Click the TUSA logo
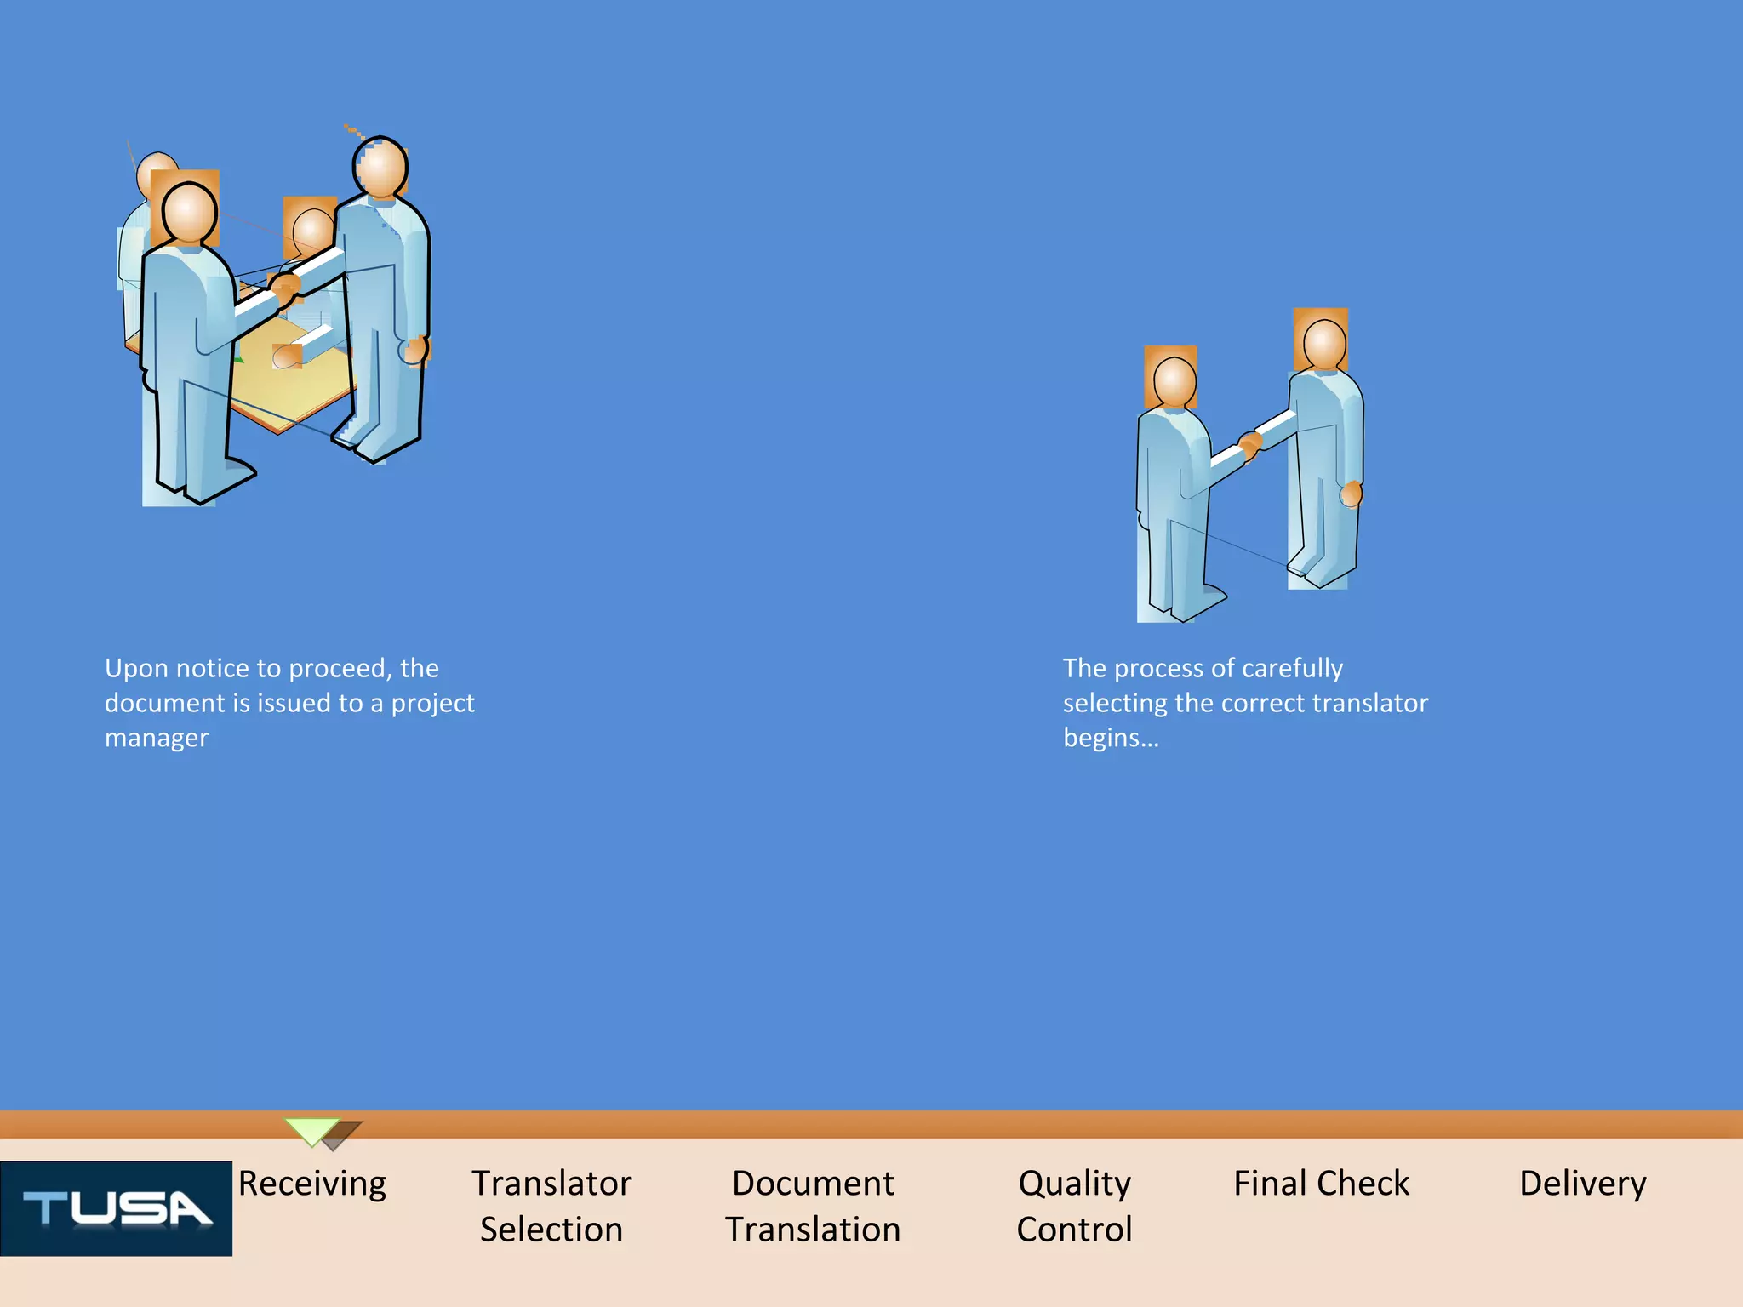pyautogui.click(x=116, y=1208)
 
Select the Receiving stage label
pyautogui.click(x=311, y=1183)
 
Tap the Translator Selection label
pyautogui.click(x=551, y=1206)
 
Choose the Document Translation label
pyautogui.click(x=813, y=1206)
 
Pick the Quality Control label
pyautogui.click(x=1074, y=1206)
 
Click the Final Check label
pyautogui.click(x=1321, y=1183)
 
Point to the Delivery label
pyautogui.click(x=1582, y=1183)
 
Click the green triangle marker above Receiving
pyautogui.click(x=312, y=1131)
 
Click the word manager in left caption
pyautogui.click(x=156, y=738)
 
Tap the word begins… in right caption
pyautogui.click(x=1111, y=738)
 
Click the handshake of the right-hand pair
pyautogui.click(x=1249, y=444)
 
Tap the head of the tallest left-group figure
pyautogui.click(x=380, y=168)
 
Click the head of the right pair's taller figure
pyautogui.click(x=1324, y=345)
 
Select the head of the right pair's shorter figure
pyautogui.click(x=1174, y=381)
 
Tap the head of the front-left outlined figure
pyautogui.click(x=189, y=213)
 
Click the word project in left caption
pyautogui.click(x=432, y=704)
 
